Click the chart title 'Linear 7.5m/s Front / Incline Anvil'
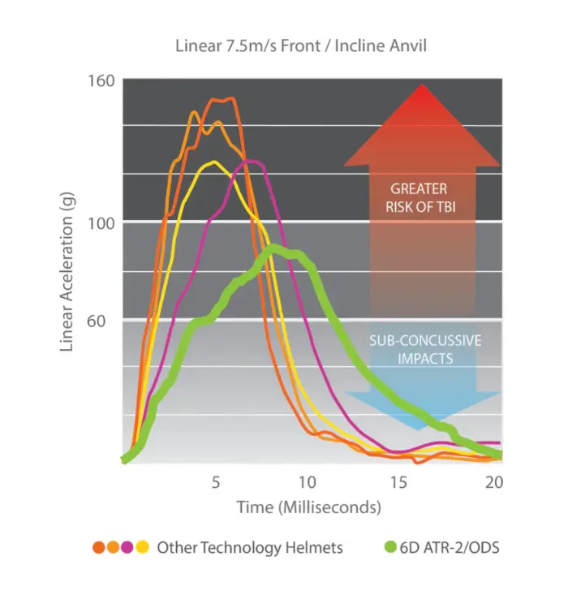point(301,45)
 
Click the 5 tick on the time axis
point(216,481)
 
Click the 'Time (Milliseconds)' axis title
point(309,508)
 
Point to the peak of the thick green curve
point(275,249)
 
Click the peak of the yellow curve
point(213,163)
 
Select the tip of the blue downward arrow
point(421,428)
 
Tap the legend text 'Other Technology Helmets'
point(249,548)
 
